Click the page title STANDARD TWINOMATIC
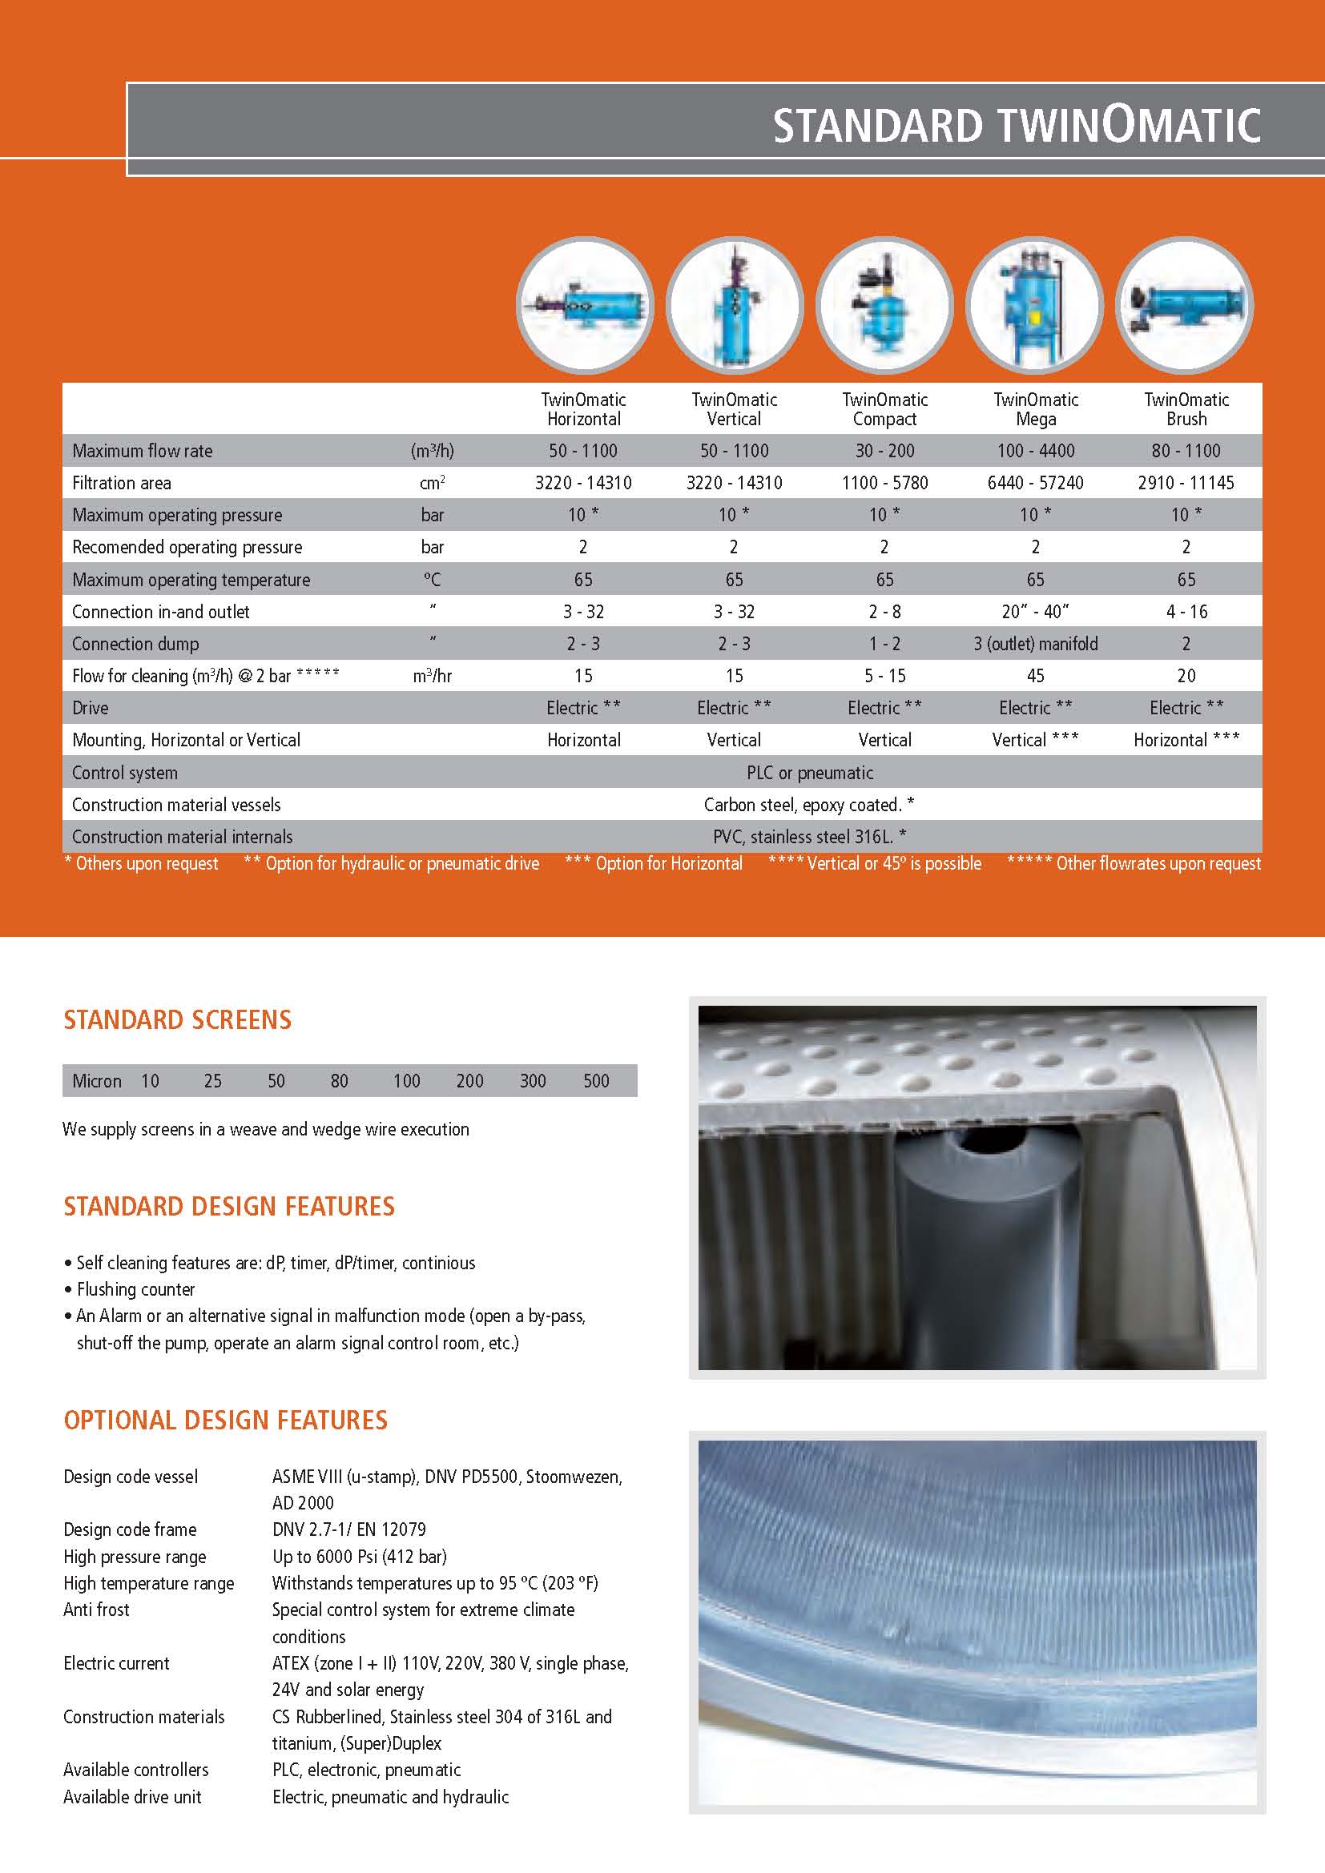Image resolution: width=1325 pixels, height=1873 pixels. pos(1016,127)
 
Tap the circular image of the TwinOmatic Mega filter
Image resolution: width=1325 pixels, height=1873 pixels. pos(1034,306)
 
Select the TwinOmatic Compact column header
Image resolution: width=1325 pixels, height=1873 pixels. pos(884,409)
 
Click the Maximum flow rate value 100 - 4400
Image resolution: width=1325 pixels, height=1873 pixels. pos(1035,450)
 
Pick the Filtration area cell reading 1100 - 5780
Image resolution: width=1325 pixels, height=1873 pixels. pos(884,483)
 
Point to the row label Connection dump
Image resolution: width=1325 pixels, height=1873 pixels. pos(135,644)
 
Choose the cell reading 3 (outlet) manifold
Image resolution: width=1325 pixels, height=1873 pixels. pos(1035,644)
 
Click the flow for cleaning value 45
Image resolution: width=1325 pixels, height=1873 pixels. pos(1035,676)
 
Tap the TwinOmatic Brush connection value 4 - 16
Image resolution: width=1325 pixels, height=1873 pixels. pos(1186,612)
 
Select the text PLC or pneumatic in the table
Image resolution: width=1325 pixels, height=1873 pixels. pos(809,773)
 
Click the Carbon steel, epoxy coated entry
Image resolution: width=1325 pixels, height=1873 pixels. pos(808,804)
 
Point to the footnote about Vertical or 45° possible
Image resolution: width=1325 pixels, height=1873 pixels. pos(874,863)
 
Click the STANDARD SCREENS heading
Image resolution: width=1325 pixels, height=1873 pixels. pos(177,1019)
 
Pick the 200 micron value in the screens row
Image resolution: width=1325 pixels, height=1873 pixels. pos(470,1081)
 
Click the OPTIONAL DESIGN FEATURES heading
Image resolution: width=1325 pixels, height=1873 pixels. pos(225,1421)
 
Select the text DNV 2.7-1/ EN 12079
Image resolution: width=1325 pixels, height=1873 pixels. pos(349,1529)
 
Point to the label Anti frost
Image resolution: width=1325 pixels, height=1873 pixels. pos(96,1610)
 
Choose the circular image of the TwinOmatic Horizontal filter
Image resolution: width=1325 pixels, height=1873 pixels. pos(585,306)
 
